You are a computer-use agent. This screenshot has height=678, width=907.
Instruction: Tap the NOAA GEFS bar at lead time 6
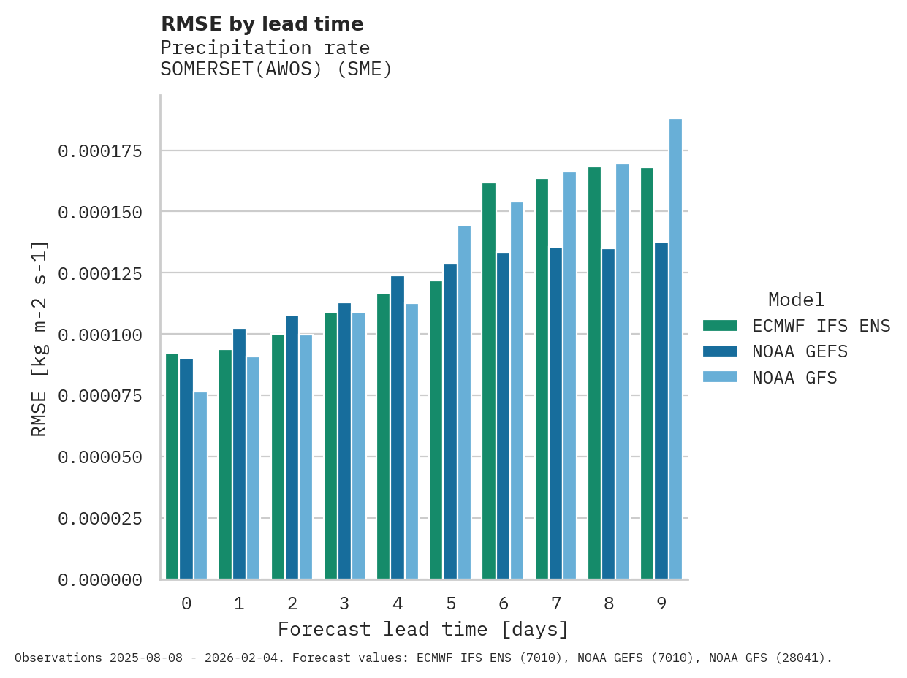(503, 416)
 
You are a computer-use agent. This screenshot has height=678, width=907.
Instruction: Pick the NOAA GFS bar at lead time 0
(200, 486)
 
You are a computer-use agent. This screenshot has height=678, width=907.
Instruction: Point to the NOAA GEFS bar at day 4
(398, 427)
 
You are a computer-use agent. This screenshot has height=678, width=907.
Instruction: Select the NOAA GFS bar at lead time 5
(464, 403)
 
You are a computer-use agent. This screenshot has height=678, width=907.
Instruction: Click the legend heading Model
(796, 300)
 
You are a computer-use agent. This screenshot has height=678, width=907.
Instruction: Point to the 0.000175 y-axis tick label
(100, 151)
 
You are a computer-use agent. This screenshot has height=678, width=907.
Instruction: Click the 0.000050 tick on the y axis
(100, 457)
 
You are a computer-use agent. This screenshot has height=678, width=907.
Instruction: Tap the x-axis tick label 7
(556, 603)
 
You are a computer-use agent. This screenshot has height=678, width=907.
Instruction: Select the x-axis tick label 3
(344, 603)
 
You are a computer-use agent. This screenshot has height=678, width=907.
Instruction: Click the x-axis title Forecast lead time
(422, 629)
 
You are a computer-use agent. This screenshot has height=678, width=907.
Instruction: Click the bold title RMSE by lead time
(262, 24)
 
